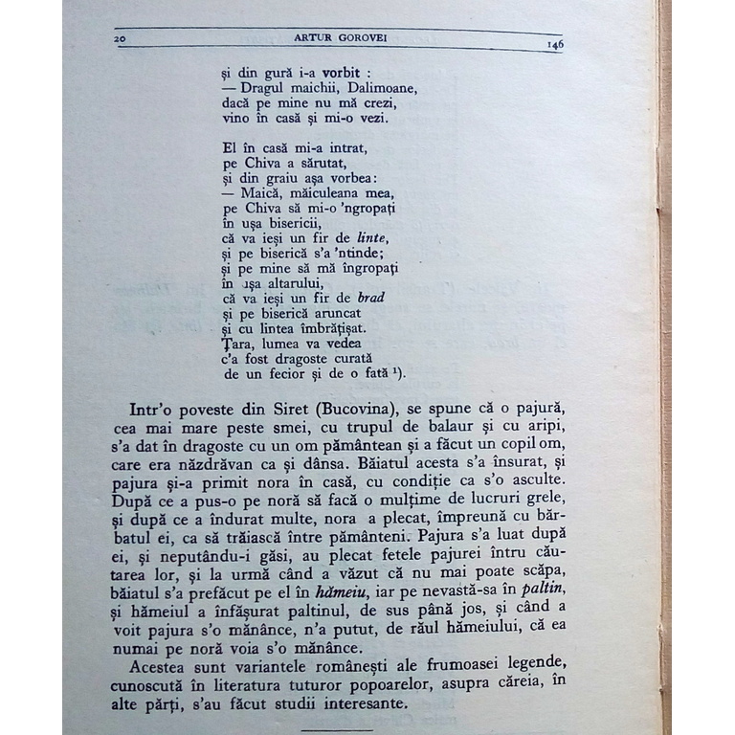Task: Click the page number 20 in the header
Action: (x=120, y=38)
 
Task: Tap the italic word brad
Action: (x=366, y=298)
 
